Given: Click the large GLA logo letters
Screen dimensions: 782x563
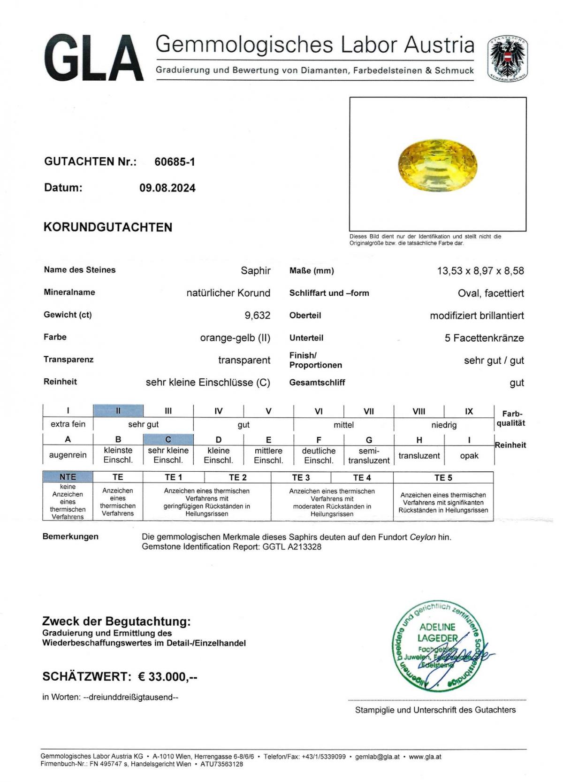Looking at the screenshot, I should (x=94, y=59).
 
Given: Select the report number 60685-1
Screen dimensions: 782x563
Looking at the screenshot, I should (x=175, y=162).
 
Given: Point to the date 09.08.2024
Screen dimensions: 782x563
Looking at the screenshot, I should (x=167, y=188).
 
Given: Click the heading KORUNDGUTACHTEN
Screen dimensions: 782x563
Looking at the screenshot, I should (x=108, y=227).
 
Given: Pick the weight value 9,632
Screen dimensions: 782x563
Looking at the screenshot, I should (x=257, y=315).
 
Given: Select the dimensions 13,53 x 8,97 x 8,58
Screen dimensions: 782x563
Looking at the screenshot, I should (x=480, y=271).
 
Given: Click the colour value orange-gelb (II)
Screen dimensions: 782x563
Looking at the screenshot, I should (x=235, y=338).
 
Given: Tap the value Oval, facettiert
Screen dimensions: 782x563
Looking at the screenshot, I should (x=491, y=293).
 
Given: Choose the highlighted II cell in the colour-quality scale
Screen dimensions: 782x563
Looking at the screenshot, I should (x=118, y=411).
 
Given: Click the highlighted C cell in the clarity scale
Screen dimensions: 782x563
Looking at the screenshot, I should (x=168, y=439).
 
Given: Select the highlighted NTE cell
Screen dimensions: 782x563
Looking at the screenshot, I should (x=68, y=477).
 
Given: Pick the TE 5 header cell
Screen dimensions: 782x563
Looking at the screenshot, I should (x=443, y=477).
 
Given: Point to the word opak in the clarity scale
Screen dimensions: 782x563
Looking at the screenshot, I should (x=469, y=455).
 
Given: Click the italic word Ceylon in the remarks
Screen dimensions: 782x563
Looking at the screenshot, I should (x=423, y=537).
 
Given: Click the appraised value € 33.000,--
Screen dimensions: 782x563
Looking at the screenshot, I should (x=167, y=677).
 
